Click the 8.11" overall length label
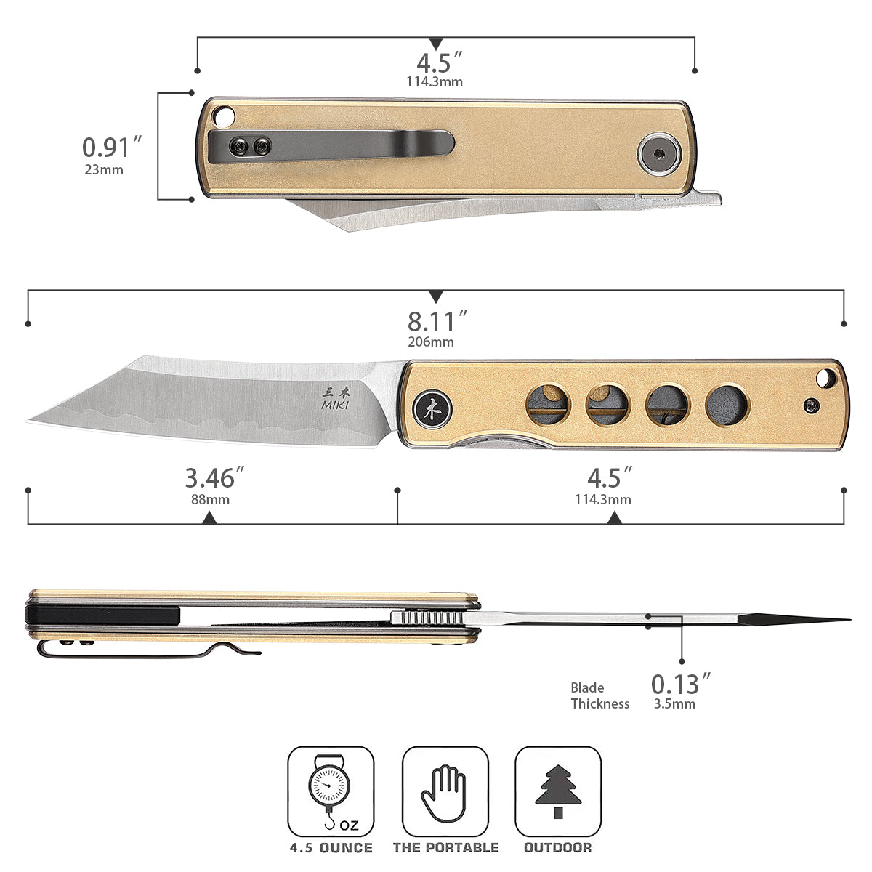[437, 321]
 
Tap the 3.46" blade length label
[214, 477]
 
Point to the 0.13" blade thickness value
[681, 684]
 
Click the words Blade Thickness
[599, 695]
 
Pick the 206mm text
[431, 342]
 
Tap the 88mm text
[210, 499]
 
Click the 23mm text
[104, 170]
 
